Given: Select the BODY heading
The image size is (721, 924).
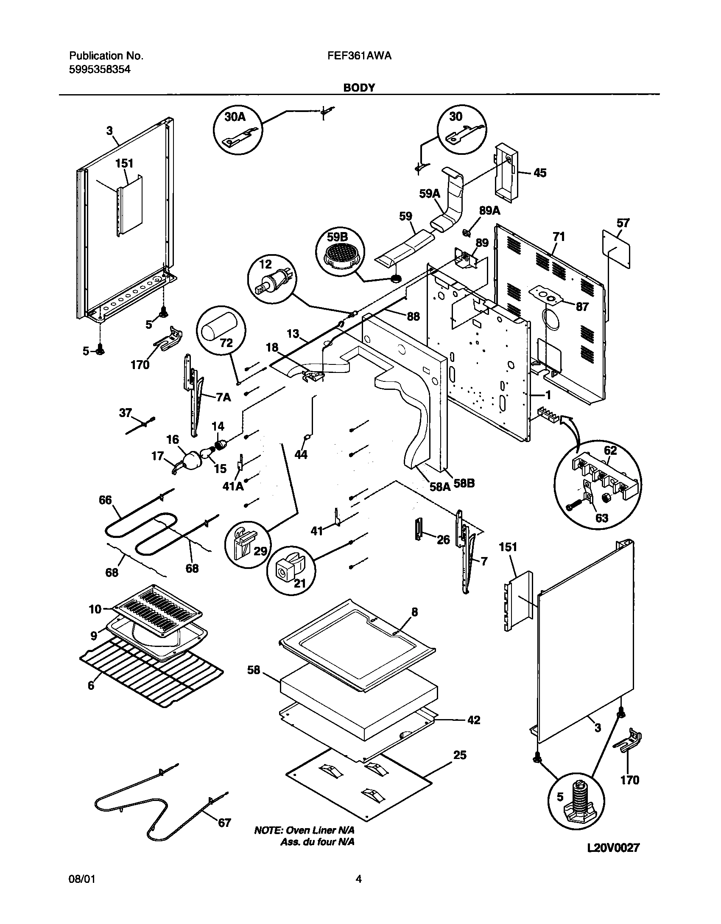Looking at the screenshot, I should point(359,87).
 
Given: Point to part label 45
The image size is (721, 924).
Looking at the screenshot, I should point(539,173).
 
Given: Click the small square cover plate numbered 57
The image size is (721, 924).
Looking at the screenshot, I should point(616,249).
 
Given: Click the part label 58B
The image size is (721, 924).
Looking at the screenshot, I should point(464,484).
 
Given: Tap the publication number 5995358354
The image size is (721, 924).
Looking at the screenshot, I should point(100,69).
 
